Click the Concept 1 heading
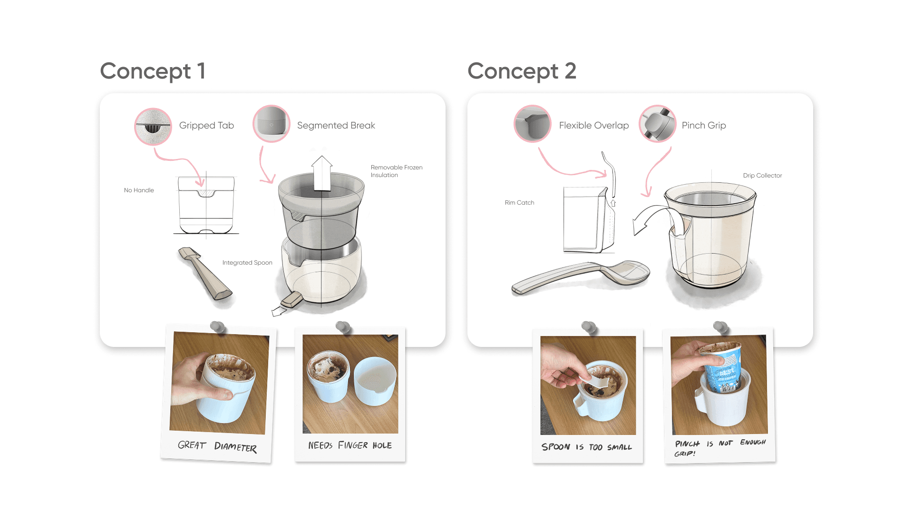[153, 71]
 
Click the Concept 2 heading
[522, 71]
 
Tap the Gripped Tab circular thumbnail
[153, 126]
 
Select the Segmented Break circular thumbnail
[272, 124]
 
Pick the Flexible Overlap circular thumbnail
[533, 124]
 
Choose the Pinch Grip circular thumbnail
[658, 124]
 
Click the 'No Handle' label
[139, 190]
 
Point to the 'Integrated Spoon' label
[247, 263]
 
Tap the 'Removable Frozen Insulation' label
[397, 171]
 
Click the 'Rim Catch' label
[519, 203]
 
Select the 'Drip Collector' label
[762, 176]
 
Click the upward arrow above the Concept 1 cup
[322, 173]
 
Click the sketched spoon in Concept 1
[205, 273]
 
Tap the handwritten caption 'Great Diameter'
[217, 446]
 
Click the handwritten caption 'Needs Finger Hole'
[350, 445]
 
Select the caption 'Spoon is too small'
[587, 447]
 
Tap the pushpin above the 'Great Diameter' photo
[218, 327]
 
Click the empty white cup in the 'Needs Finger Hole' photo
[375, 381]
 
